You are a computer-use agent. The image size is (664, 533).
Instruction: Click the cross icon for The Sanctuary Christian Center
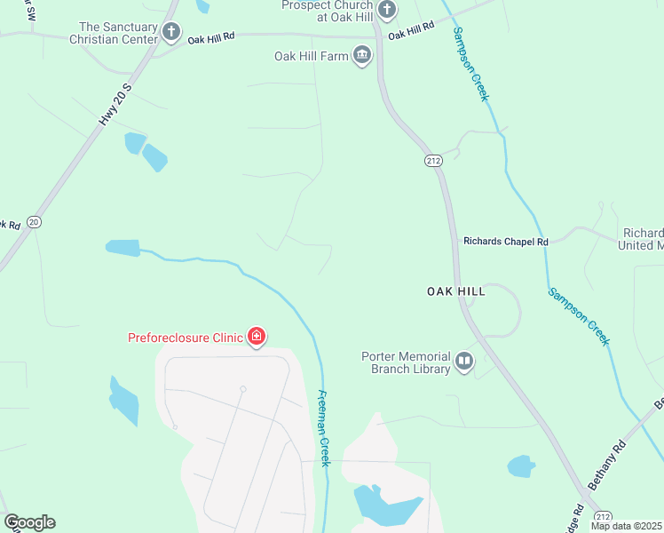pos(171,34)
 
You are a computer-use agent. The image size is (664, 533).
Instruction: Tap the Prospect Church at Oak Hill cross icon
pos(386,11)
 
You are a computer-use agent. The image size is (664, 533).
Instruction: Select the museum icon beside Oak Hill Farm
pos(361,57)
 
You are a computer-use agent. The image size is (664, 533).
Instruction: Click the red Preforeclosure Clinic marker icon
pos(257,337)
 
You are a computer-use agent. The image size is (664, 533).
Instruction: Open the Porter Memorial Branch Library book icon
pos(464,362)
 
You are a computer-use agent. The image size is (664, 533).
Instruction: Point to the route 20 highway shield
pos(34,221)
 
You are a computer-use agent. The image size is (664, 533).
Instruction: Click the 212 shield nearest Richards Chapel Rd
pos(432,161)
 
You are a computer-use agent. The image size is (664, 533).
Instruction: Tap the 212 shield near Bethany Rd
pos(604,517)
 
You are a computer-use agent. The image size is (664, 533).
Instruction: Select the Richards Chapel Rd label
pos(506,241)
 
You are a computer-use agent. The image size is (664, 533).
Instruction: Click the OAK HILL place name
pos(455,290)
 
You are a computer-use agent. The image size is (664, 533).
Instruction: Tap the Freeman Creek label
pos(324,428)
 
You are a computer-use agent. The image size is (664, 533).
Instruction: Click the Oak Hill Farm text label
pos(311,57)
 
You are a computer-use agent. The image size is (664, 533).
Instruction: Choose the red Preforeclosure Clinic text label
pos(186,338)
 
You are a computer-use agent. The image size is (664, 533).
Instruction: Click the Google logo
pos(29,522)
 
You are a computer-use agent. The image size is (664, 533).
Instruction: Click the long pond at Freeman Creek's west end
pos(123,248)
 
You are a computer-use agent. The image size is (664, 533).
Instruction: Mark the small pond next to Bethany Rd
pos(521,465)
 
